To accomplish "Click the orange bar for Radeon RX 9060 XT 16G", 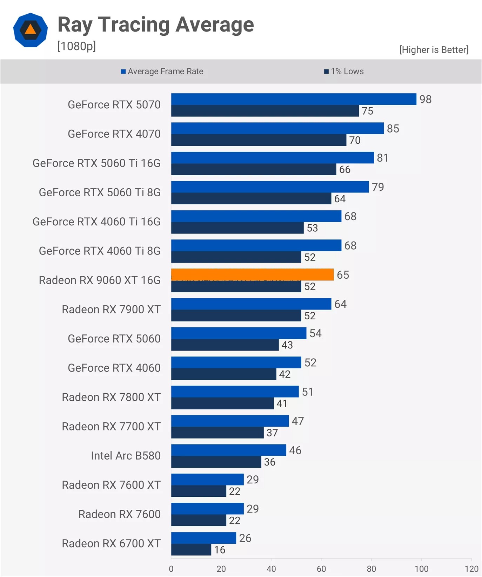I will coord(252,274).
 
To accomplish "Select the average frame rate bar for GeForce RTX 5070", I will coord(294,99).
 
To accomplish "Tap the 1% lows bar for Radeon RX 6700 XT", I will coord(191,550).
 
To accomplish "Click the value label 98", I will coord(425,99).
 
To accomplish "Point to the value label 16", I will coord(220,550).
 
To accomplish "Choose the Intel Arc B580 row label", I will coord(126,455).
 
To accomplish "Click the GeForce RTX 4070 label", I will coord(114,134).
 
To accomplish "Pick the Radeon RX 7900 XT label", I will coord(111,309).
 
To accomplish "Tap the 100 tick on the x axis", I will coord(421,569).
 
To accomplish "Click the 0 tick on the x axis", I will coord(171,569).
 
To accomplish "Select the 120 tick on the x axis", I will coord(471,569).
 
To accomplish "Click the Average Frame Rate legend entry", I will coord(162,72).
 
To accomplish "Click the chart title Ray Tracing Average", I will coord(156,25).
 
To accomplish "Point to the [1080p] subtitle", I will coord(76,46).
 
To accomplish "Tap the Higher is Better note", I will coord(434,50).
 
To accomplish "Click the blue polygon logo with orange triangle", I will coord(31,30).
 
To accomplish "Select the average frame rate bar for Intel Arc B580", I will coord(229,450).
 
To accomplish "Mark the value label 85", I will coord(393,129).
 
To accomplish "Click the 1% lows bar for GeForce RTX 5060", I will coord(225,345).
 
